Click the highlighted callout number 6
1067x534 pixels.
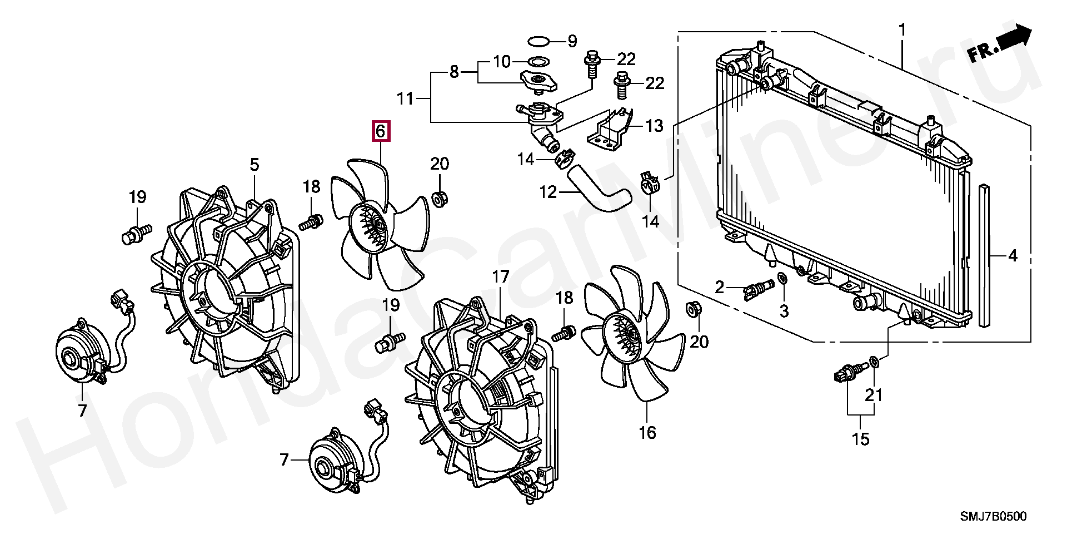[381, 131]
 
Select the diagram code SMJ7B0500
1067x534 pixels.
[994, 517]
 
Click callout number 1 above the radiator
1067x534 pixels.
[903, 29]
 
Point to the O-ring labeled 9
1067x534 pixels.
[539, 41]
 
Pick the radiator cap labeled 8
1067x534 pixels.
[537, 82]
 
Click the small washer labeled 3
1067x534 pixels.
[782, 278]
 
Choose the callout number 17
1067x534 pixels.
[501, 276]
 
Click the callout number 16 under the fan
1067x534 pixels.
[647, 432]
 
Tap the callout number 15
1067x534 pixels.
[860, 439]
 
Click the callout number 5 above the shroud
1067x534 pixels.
[255, 165]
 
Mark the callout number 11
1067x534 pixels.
[405, 98]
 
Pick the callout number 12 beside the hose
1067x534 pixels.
[548, 192]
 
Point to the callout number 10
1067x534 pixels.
[502, 61]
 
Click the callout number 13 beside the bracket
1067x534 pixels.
[655, 126]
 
